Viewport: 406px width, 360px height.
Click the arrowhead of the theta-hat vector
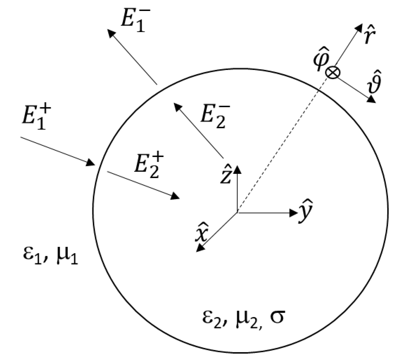[x=371, y=99]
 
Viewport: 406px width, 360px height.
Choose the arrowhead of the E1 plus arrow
[x=91, y=163]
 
